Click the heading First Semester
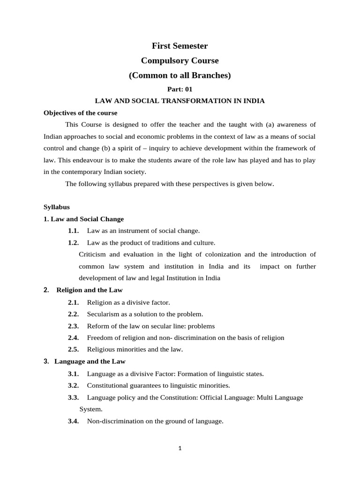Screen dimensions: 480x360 (x=180, y=46)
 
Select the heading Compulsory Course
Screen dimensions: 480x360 (x=180, y=60)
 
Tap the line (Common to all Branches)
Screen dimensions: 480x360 (x=180, y=75)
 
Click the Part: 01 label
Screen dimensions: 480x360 (x=180, y=89)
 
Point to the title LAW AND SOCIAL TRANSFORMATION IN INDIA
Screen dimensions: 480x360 (x=180, y=101)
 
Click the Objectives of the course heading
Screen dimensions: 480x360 (x=80, y=113)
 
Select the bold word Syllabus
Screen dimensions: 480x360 (x=56, y=207)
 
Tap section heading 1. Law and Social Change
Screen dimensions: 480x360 (x=83, y=219)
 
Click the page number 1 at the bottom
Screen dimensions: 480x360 (x=180, y=448)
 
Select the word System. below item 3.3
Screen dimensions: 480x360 (x=91, y=409)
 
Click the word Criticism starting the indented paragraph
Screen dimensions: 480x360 (x=94, y=255)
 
